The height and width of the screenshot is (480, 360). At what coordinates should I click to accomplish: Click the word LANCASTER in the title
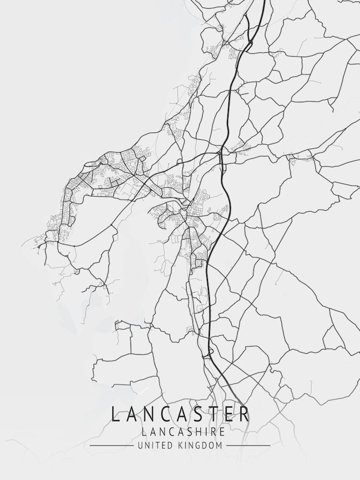click(180, 414)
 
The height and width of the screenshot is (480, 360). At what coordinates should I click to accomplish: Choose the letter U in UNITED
click(140, 445)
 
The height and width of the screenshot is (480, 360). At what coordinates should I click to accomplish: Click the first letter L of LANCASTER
click(115, 414)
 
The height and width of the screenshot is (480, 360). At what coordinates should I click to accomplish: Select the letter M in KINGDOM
click(219, 445)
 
